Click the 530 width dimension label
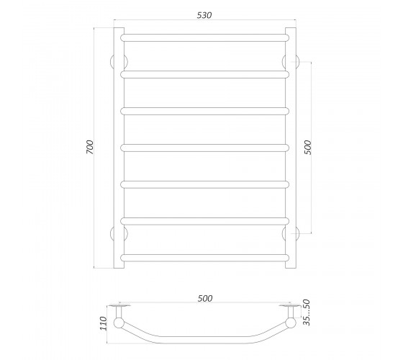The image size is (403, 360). pos(204,15)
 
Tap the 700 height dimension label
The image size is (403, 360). pos(90,147)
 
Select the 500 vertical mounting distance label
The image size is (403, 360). pos(308,148)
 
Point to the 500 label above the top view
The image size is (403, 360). pos(205,298)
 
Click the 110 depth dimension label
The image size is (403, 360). pos(103,323)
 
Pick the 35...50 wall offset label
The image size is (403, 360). pos(307,312)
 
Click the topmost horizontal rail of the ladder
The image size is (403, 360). pos(205,37)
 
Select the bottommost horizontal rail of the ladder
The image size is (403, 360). pos(205,258)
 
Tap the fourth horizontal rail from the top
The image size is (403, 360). pos(205,148)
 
